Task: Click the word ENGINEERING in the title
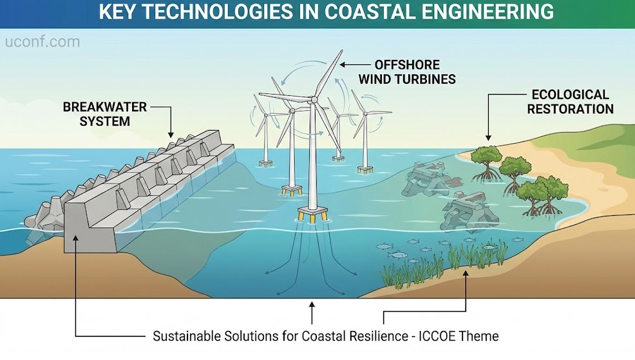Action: (488, 12)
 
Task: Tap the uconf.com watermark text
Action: (43, 42)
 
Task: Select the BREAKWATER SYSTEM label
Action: (104, 114)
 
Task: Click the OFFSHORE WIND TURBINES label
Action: (407, 71)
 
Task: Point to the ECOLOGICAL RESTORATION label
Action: (570, 102)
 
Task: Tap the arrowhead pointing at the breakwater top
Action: (171, 135)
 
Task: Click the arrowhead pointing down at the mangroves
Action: (488, 138)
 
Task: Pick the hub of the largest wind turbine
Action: (314, 99)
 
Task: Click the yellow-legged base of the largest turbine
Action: (312, 213)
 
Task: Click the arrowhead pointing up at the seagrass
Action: (466, 274)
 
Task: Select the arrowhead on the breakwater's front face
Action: (75, 238)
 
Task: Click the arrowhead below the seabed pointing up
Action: (312, 305)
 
